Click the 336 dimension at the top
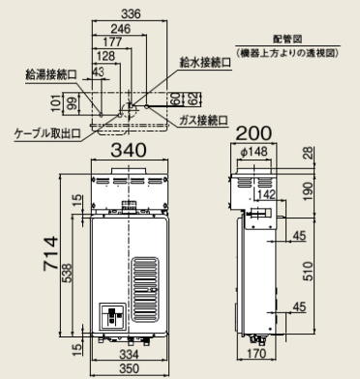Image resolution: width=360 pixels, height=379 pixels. [x=132, y=14]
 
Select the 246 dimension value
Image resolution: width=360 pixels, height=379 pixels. [x=121, y=29]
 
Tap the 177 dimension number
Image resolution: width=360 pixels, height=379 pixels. [x=112, y=42]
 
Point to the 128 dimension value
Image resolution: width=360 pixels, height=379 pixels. [x=105, y=56]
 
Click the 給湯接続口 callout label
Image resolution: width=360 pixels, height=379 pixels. [x=51, y=74]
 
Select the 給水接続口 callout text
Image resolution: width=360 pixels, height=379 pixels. [x=205, y=62]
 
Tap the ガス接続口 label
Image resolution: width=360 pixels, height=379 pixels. [x=203, y=121]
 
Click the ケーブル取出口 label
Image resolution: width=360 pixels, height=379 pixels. [x=47, y=132]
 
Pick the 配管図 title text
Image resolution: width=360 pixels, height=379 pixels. [x=287, y=39]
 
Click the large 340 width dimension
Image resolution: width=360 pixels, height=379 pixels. [x=129, y=150]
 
